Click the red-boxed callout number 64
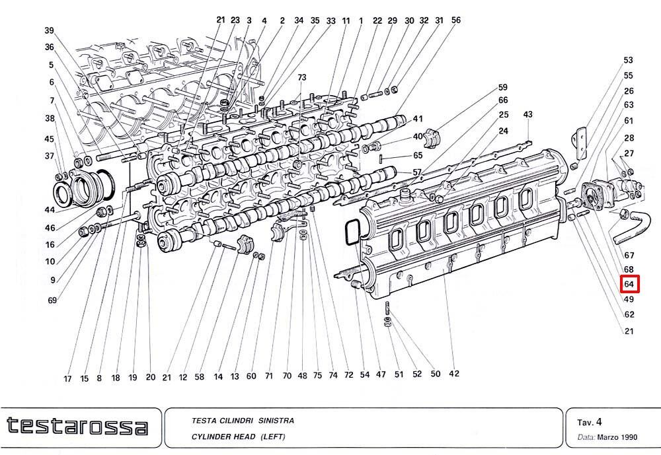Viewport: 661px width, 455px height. (x=629, y=284)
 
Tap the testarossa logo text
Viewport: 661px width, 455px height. (x=77, y=426)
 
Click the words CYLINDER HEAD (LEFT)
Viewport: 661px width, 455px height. (x=238, y=437)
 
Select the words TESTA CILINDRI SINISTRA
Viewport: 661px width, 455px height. (x=243, y=421)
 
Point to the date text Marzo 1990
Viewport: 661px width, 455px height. (x=617, y=437)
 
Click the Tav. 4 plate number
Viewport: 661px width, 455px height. (x=590, y=422)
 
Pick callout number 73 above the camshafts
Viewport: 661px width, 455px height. (x=301, y=77)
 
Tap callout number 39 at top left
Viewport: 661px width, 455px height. (x=50, y=30)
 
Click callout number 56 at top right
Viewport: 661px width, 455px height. (x=455, y=20)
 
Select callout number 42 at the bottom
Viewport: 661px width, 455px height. (x=454, y=373)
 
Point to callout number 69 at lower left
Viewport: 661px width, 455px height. (x=52, y=300)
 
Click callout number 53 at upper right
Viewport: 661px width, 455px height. (x=628, y=60)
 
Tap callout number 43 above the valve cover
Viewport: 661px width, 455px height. (x=527, y=114)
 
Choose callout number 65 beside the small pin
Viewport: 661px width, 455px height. (x=418, y=155)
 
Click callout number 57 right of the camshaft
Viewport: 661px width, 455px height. (x=417, y=172)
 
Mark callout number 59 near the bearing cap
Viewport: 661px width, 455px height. (x=502, y=87)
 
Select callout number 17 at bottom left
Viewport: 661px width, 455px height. (x=67, y=379)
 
